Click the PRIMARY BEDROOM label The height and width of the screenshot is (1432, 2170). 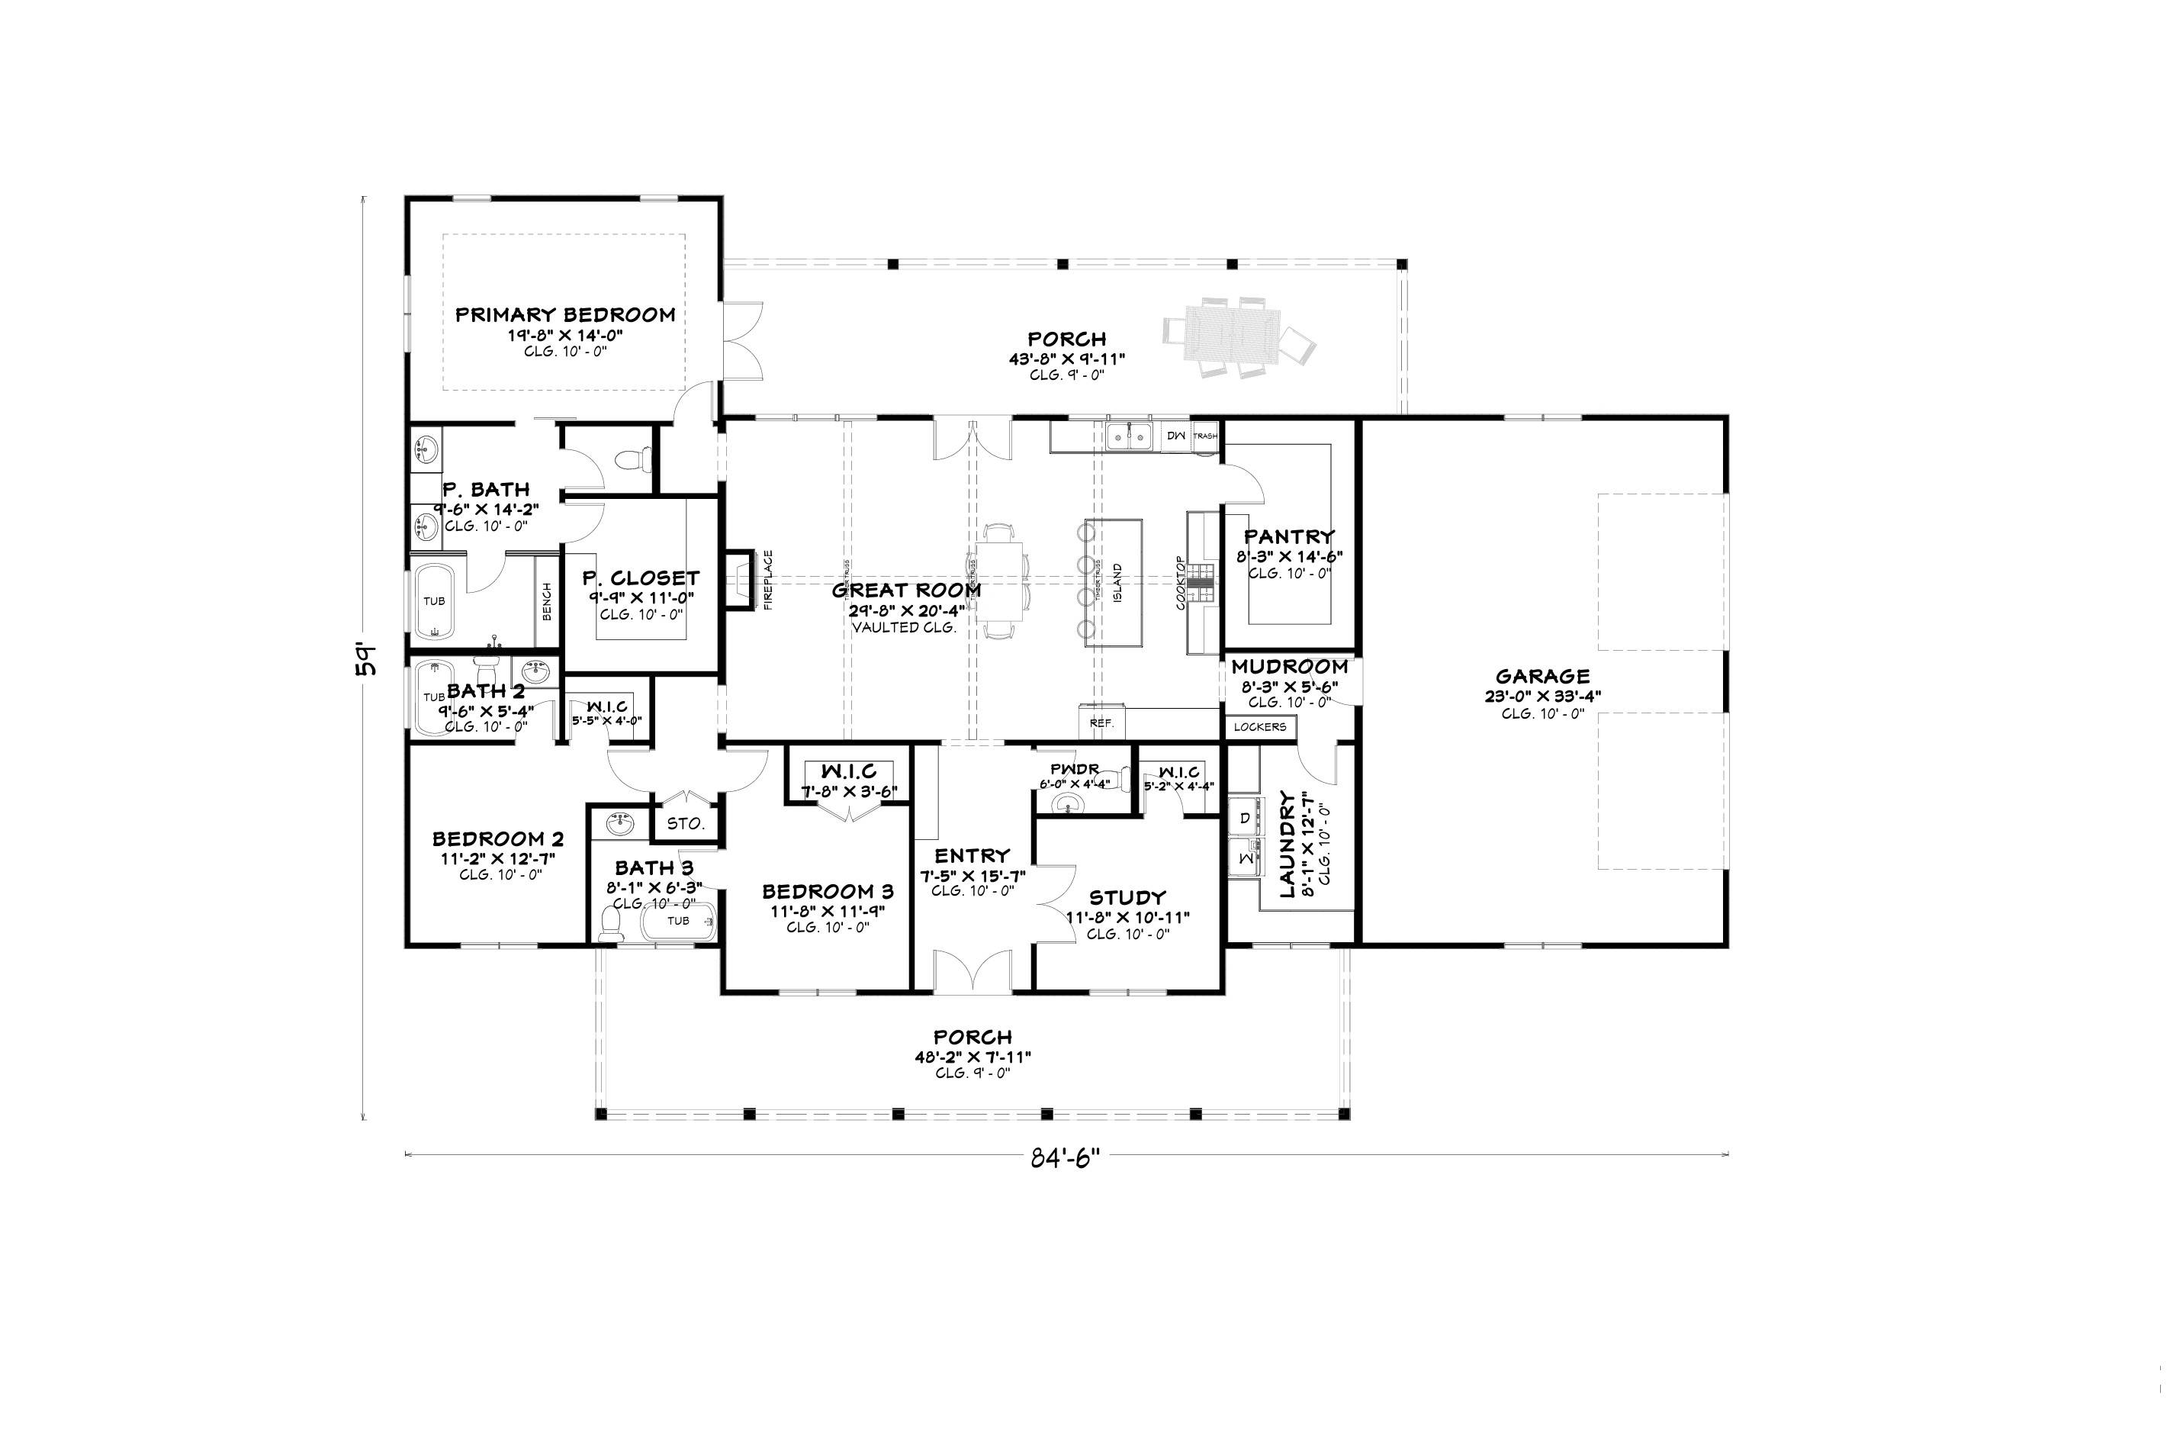click(565, 315)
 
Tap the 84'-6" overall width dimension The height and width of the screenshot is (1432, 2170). click(1066, 1158)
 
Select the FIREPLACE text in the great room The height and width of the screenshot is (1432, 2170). click(768, 579)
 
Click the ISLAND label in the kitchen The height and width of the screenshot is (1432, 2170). click(1117, 583)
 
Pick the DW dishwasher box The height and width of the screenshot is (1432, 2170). click(1176, 436)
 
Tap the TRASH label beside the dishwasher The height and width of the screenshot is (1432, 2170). click(1205, 436)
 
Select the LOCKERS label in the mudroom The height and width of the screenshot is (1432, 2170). click(1260, 727)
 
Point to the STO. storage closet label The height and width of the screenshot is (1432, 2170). click(685, 824)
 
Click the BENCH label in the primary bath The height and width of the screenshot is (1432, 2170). click(547, 601)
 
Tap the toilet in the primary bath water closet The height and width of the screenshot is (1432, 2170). click(634, 459)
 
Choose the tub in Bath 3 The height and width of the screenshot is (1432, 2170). click(678, 922)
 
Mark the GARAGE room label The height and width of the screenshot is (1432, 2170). click(1542, 677)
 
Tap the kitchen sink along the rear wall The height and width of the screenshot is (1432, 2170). click(1130, 436)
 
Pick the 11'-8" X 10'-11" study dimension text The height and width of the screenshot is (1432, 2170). click(1127, 917)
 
